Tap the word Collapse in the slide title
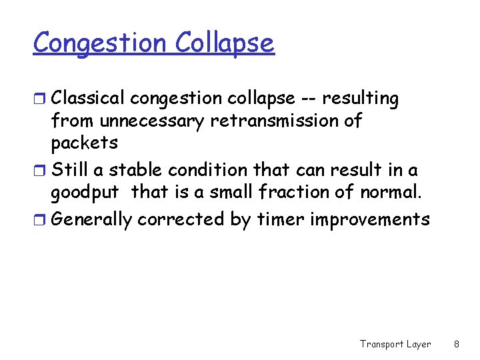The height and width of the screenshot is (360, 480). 225,43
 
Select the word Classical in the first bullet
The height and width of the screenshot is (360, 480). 88,99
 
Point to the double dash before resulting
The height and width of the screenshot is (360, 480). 308,99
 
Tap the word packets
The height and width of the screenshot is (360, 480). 85,143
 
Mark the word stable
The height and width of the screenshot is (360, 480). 133,170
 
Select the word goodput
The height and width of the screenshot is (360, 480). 85,193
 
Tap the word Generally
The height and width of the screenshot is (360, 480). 91,219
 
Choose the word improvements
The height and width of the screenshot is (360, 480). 373,220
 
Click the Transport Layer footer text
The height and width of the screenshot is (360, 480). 395,344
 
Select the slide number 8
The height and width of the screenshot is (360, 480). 456,344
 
